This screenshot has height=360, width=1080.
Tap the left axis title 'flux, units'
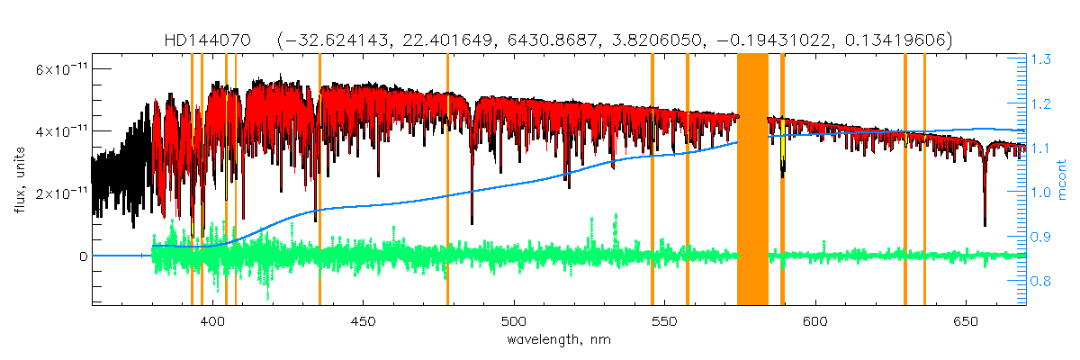(19, 180)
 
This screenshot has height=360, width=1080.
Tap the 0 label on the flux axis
(83, 256)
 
